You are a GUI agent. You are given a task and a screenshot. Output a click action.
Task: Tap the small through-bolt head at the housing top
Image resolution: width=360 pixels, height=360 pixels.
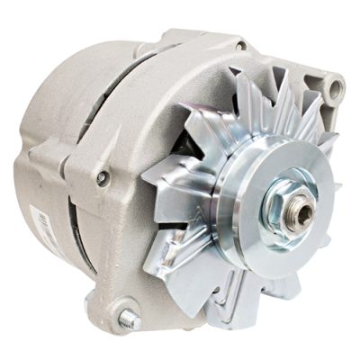[240, 44]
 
